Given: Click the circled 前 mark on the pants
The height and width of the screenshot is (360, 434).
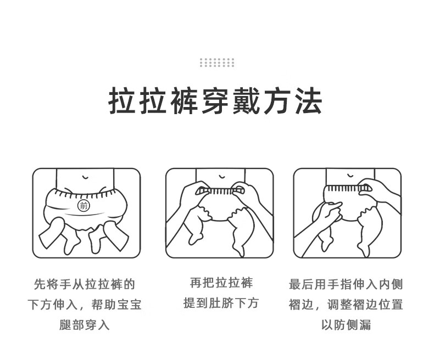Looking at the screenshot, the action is (x=84, y=206).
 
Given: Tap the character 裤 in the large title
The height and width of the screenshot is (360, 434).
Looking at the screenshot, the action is (x=184, y=101).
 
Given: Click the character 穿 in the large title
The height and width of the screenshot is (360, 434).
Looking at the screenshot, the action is (x=215, y=101).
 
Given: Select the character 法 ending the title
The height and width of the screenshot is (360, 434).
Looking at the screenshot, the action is (x=309, y=101).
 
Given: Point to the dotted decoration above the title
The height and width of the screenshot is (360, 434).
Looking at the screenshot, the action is (x=217, y=63).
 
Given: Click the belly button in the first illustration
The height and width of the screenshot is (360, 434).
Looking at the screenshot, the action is (x=85, y=177).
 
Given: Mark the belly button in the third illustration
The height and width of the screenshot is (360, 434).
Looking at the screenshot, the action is (x=350, y=176).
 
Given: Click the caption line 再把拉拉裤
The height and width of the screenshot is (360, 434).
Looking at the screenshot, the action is (x=221, y=283).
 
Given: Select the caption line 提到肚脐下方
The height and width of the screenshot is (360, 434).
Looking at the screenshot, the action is (x=221, y=303).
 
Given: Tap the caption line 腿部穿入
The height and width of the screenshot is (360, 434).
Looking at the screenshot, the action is (x=85, y=325).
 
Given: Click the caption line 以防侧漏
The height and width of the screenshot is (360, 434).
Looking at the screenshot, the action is (x=346, y=325).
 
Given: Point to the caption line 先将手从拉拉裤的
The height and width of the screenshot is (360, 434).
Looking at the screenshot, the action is (x=85, y=284).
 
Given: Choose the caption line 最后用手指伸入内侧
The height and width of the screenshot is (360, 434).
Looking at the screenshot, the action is (x=346, y=284).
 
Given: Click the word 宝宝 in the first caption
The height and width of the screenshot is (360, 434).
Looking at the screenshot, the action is (x=129, y=305).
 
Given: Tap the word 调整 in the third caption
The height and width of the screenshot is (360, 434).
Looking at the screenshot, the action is (x=340, y=305).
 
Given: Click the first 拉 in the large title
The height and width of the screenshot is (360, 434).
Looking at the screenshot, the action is (x=121, y=101).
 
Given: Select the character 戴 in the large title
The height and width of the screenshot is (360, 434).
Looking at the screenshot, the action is (x=246, y=101).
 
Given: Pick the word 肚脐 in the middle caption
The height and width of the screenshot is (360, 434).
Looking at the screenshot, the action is (x=221, y=303).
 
